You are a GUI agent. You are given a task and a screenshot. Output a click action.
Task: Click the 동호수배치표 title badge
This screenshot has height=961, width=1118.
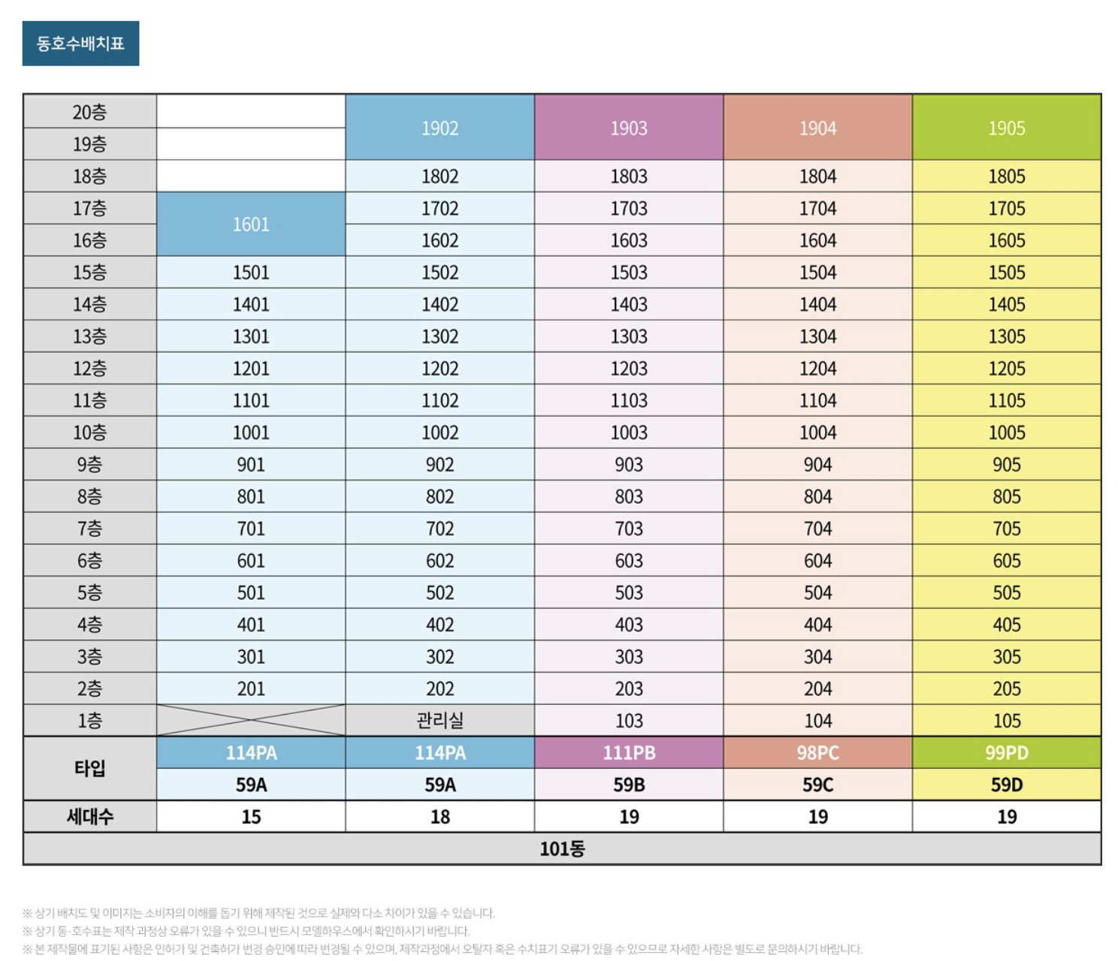coord(80,44)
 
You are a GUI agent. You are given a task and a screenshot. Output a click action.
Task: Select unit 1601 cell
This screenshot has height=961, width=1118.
coord(251,224)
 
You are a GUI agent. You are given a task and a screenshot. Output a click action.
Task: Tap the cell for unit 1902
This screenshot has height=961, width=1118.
coord(440,128)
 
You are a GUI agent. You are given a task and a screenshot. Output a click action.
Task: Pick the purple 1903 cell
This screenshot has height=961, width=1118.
coord(629,128)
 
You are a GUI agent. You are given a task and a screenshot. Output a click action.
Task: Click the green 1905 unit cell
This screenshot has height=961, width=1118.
coord(1007,128)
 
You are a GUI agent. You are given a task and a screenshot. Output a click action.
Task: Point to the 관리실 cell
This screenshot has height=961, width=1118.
coord(440,721)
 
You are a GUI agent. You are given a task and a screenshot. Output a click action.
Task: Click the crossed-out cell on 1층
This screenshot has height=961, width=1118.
coord(251,721)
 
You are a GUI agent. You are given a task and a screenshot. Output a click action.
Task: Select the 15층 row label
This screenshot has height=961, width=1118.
coord(89,273)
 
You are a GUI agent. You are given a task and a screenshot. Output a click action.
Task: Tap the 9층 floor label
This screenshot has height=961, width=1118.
coord(89,465)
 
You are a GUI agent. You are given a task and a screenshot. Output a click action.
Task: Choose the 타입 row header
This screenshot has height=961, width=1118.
coord(89,769)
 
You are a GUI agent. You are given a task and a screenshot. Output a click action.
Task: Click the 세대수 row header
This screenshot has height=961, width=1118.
coord(89,817)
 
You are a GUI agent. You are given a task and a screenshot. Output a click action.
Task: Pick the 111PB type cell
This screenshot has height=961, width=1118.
coord(629,753)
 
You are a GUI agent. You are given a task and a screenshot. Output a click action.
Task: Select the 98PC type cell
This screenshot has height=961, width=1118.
coord(817,753)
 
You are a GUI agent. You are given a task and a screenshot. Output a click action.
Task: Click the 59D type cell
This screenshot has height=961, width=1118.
coord(1007,785)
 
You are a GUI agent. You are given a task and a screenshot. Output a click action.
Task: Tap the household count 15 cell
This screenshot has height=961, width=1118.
coord(251,817)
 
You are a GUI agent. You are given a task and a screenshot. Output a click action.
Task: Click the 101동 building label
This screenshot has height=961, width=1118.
coord(562,849)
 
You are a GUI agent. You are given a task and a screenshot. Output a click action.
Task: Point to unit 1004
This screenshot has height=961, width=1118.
coord(817,432)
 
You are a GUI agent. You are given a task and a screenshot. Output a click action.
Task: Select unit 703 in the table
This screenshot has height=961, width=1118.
coord(629,529)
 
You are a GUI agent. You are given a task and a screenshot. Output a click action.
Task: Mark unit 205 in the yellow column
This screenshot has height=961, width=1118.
coord(1007,688)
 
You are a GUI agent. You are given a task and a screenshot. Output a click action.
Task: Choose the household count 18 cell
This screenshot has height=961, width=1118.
coord(440,817)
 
